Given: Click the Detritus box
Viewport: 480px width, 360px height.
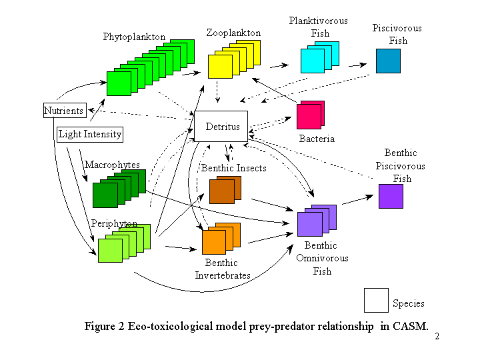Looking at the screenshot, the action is [221, 126].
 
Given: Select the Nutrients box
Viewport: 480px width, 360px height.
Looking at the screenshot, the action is [65, 110].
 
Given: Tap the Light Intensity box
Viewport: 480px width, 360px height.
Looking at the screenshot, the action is [90, 135].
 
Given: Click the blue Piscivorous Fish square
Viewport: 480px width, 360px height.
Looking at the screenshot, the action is [388, 61].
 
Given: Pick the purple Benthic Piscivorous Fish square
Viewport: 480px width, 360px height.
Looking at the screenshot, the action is [391, 196].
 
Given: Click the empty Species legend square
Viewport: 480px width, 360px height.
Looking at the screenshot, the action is [376, 300].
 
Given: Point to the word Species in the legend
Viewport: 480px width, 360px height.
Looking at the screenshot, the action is [409, 303].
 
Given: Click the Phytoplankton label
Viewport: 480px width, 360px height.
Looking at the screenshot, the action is [134, 37].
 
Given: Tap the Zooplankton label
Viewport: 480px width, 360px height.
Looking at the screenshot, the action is [233, 33].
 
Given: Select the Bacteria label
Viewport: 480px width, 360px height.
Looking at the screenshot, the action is [317, 139].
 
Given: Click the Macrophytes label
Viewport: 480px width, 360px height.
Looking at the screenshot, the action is [112, 165].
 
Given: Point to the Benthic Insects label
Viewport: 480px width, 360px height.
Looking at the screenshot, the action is [234, 168].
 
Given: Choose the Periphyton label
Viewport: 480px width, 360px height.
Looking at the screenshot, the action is [114, 223].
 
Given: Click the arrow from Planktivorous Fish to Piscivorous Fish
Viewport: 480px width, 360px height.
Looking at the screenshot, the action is [357, 65].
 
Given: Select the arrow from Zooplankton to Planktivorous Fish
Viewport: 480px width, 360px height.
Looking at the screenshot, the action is [279, 65].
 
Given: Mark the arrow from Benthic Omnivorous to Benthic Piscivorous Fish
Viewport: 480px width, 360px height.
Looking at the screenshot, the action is [357, 199].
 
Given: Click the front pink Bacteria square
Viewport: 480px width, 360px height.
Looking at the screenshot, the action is [309, 117].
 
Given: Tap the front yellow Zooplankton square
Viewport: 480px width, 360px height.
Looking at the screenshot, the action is [220, 67].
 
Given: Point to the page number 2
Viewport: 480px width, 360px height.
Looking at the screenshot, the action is [437, 337].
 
